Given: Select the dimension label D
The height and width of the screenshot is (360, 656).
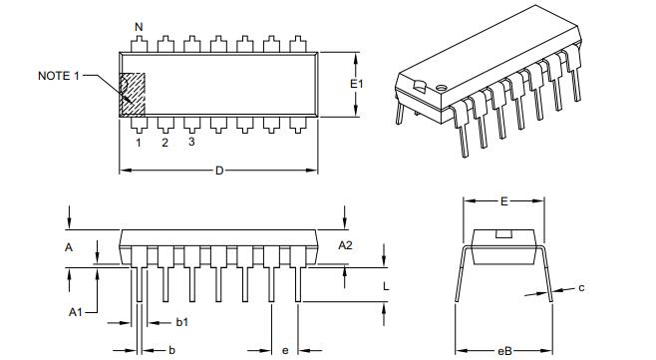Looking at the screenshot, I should point(219,171).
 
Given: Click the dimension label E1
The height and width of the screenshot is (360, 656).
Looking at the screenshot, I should point(357,85).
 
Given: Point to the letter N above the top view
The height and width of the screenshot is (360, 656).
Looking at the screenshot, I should point(138,26).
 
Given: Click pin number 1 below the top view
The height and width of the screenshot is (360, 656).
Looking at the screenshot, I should point(138,143).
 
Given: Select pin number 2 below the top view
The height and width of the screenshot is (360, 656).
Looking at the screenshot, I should point(164,143).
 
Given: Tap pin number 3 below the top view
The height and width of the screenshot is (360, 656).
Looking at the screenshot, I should point(190,143).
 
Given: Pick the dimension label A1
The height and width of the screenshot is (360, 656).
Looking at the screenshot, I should point(75,312).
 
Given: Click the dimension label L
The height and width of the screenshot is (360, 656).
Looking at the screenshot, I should point(387,285).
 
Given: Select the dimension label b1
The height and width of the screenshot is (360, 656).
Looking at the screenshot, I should point(182,322).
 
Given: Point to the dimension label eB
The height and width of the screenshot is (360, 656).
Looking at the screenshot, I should point(504,350).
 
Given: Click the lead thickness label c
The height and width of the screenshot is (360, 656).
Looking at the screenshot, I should point(581,288).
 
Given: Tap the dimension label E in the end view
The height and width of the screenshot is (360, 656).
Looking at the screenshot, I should point(504,201).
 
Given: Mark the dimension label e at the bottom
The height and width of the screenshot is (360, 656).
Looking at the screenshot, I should point(285,350).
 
